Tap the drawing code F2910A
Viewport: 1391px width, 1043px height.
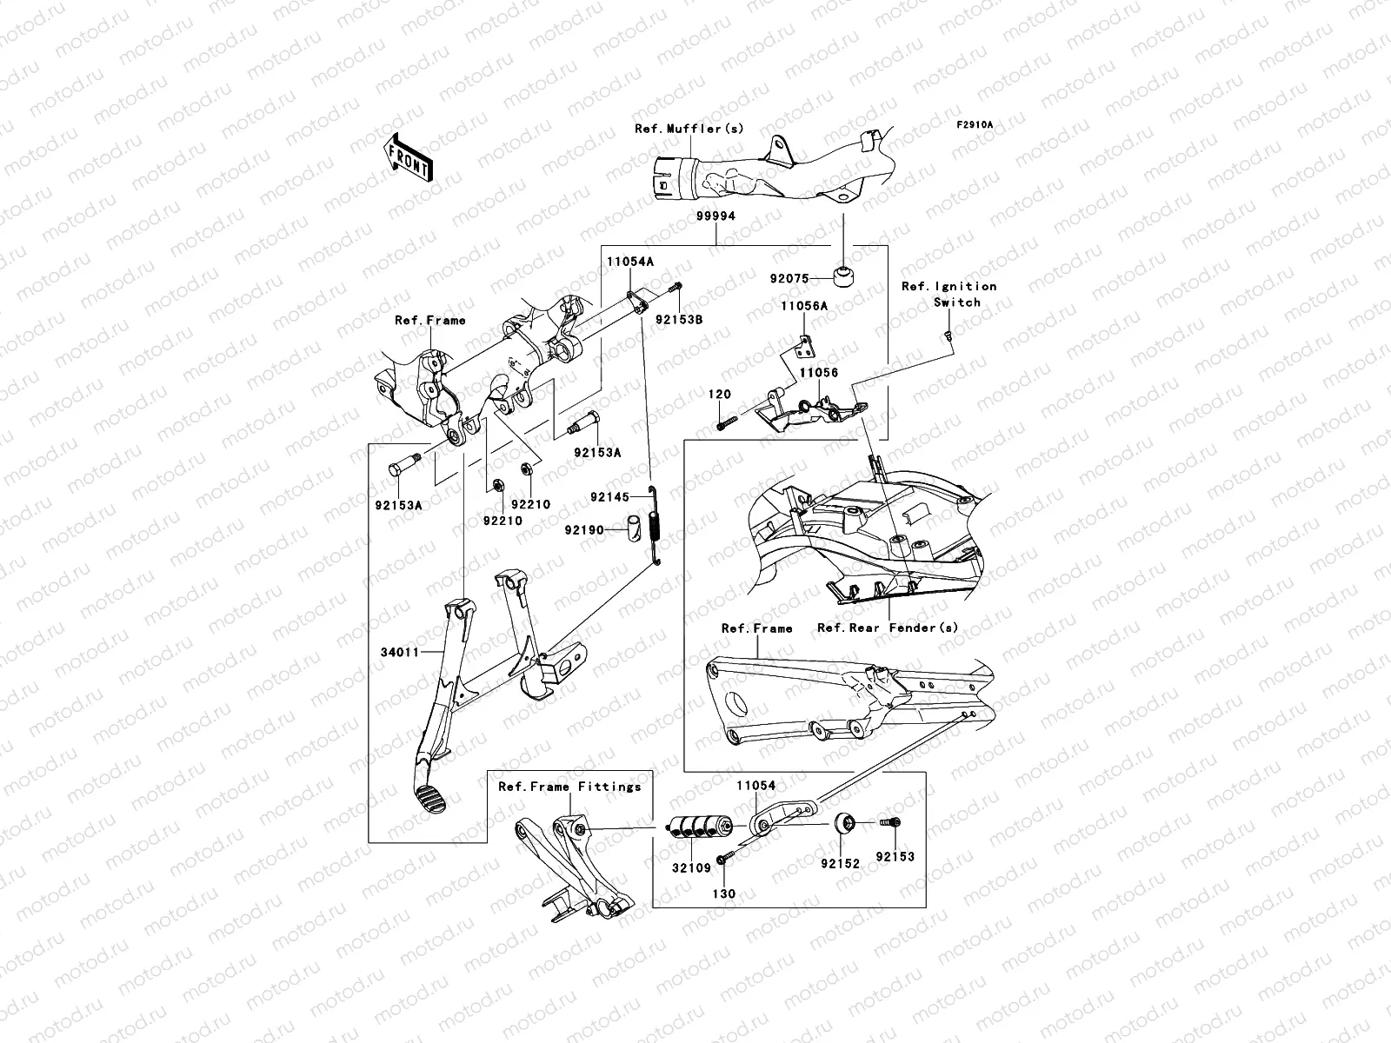[975, 125]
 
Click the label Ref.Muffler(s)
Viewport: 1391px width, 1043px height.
[689, 129]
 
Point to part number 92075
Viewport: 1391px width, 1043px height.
[789, 279]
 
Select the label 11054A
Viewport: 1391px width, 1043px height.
[630, 260]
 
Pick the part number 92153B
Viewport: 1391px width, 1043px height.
[679, 320]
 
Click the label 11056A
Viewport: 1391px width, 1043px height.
[803, 306]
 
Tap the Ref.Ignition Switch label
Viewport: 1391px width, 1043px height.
[948, 294]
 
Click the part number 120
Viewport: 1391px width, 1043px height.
[720, 395]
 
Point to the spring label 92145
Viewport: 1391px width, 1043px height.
[609, 497]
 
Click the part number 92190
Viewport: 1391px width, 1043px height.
[583, 529]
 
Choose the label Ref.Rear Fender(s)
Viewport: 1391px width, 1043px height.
[888, 628]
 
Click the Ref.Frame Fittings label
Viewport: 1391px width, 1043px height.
[569, 787]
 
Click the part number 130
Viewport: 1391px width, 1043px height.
[723, 894]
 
